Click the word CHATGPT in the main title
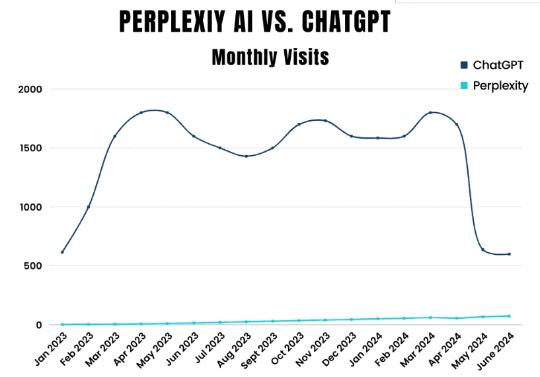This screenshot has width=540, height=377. point(346,22)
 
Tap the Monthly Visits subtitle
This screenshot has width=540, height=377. point(270,57)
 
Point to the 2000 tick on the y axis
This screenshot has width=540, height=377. point(28,89)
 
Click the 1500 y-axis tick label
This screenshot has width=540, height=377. point(28,148)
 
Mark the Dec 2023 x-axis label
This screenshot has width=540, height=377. point(336,348)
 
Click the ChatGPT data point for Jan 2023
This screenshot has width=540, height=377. point(62,252)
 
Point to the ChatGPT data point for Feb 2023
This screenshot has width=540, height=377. point(89,207)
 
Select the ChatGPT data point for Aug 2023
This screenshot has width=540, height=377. point(247,156)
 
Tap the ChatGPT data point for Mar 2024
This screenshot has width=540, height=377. point(430,112)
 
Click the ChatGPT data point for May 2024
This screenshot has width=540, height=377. point(483,250)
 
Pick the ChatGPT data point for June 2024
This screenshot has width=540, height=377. point(509,254)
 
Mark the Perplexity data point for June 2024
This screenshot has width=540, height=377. point(509,316)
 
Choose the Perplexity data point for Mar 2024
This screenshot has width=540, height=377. point(430,318)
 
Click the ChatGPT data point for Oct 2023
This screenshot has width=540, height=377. point(299,124)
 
